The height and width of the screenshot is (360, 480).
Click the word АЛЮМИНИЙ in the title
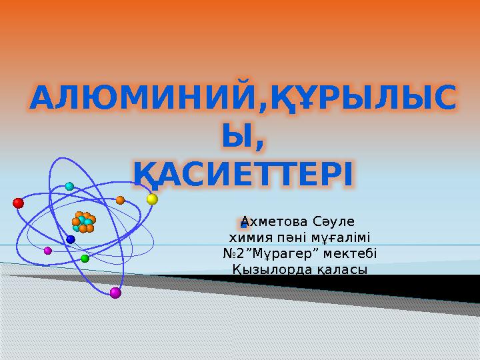[142, 97]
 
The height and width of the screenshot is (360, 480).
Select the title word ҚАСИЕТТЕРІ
[243, 174]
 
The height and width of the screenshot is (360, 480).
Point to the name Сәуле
[334, 221]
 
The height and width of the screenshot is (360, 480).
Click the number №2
[233, 253]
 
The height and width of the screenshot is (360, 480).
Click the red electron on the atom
[19, 203]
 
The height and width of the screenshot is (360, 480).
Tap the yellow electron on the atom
[152, 199]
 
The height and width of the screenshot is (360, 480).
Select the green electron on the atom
[85, 259]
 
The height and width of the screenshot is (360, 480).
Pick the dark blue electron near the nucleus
[71, 239]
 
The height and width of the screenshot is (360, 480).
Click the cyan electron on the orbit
[69, 186]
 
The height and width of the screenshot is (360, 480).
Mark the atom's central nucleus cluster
[83, 223]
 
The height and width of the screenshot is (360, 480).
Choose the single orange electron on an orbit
[120, 200]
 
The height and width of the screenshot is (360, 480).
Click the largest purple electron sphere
[115, 293]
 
